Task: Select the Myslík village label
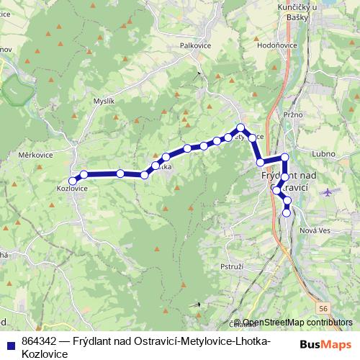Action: [104, 102]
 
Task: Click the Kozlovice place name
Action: [72, 189]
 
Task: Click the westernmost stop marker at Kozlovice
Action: [72, 180]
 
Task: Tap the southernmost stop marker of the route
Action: [287, 212]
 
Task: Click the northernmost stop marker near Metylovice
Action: [241, 128]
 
